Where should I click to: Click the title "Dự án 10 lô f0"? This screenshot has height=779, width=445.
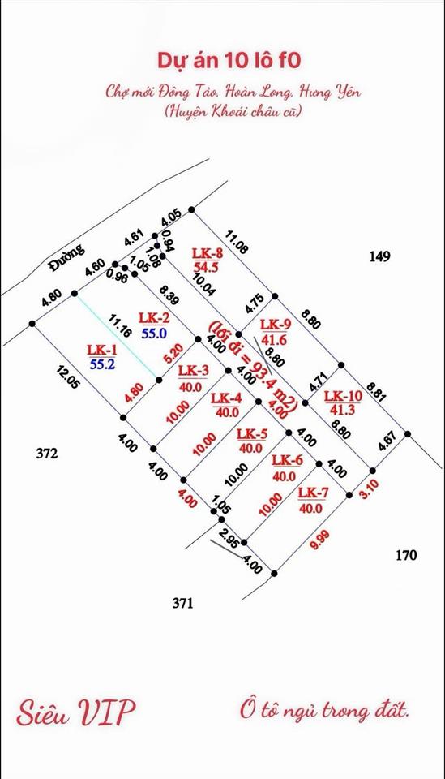click(x=229, y=61)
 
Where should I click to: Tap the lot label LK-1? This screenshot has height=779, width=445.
click(x=100, y=350)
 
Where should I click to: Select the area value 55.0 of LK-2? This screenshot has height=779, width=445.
click(x=154, y=333)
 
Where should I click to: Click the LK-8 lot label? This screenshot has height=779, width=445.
click(x=208, y=253)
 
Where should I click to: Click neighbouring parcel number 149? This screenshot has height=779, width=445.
click(x=380, y=256)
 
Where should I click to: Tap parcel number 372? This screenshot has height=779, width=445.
click(x=47, y=454)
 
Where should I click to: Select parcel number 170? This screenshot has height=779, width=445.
click(x=406, y=555)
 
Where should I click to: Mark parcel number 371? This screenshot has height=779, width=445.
click(x=182, y=603)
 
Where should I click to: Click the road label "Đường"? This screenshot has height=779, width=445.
click(x=66, y=258)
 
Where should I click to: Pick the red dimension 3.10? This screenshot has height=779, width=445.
click(x=369, y=488)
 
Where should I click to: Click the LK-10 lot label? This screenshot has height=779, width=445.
click(x=343, y=397)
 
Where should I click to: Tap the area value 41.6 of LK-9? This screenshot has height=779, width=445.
click(x=276, y=340)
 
